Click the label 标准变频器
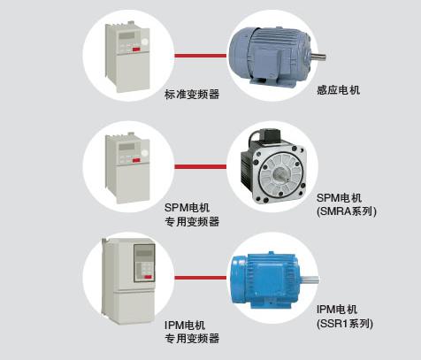192,95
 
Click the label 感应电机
338,89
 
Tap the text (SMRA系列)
347,211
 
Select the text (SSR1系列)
345,324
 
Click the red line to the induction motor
201,56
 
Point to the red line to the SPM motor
201,166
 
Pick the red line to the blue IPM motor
201,278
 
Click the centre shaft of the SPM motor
280,176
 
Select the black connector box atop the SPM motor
269,134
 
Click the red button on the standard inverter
136,50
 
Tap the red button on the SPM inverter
136,160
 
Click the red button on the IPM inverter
148,277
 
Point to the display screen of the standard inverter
126,36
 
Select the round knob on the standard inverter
144,42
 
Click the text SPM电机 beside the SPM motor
339,197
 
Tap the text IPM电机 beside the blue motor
337,310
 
